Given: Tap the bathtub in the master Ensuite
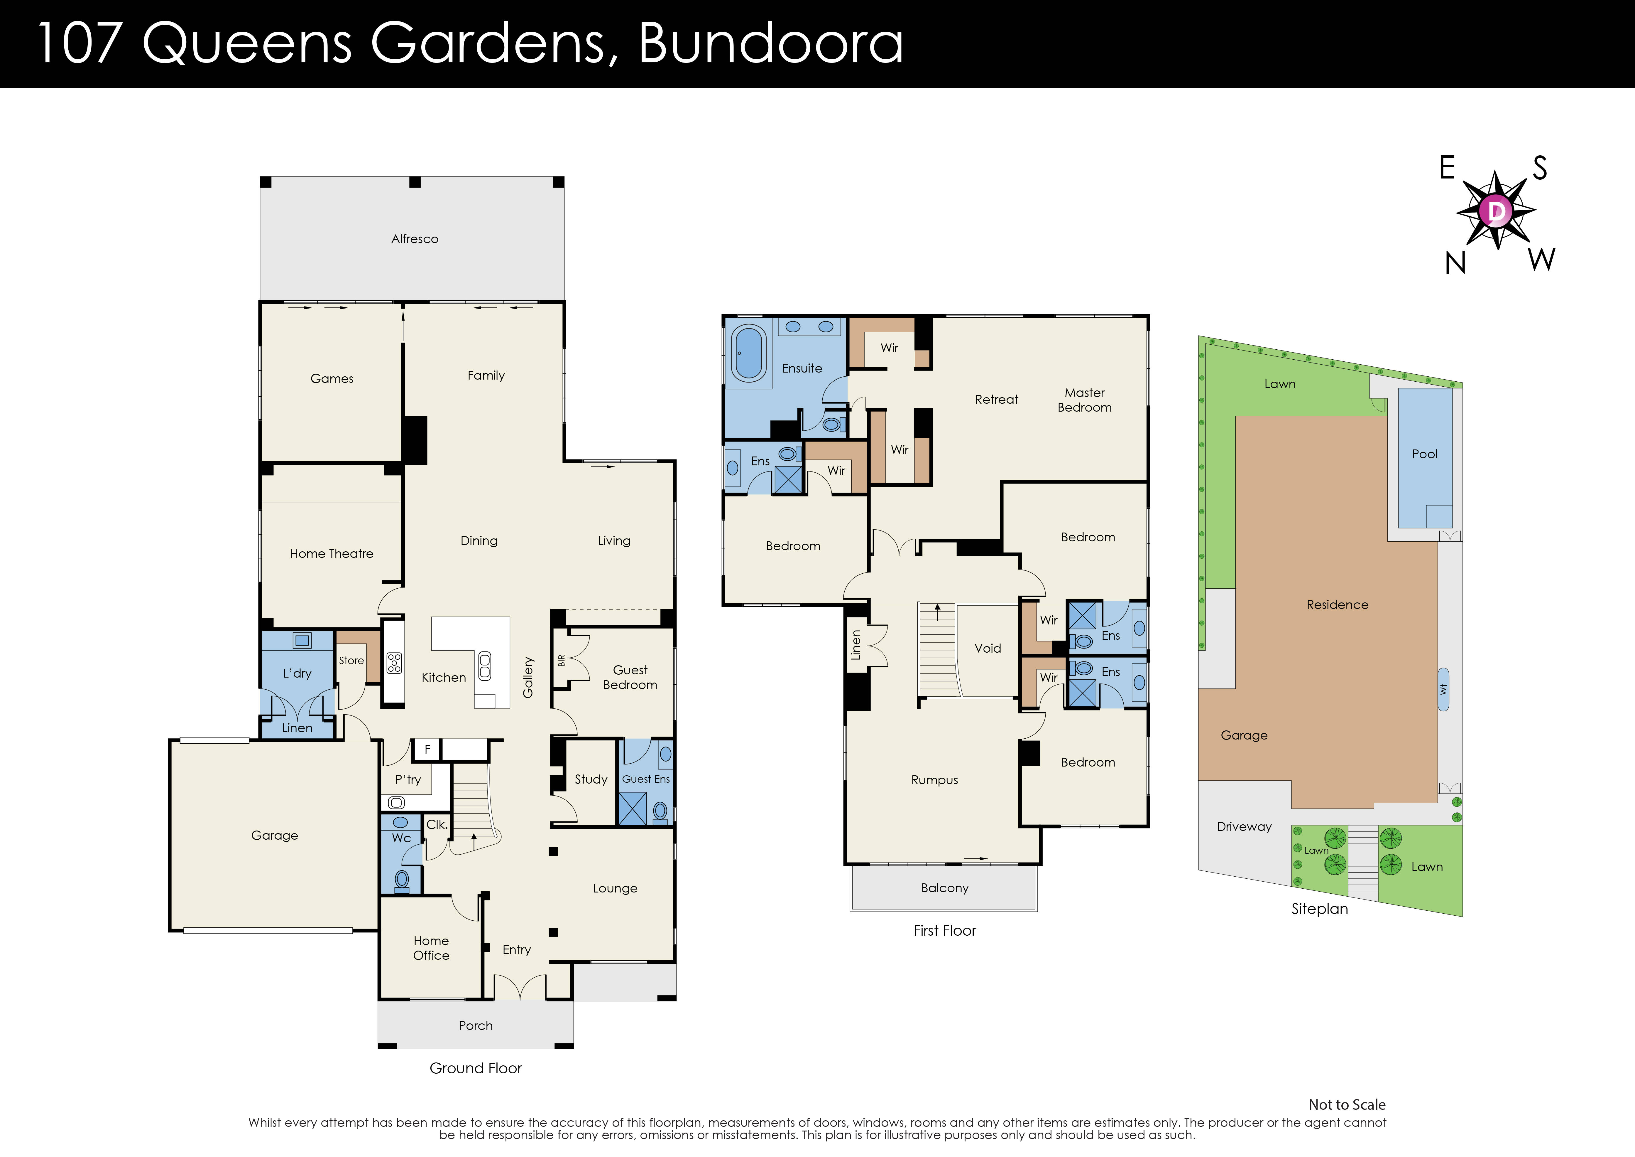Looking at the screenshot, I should (x=748, y=353).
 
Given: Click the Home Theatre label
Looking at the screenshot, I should (x=331, y=554).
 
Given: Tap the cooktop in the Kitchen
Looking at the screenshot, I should (x=394, y=663).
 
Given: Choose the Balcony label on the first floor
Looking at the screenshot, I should (x=944, y=888).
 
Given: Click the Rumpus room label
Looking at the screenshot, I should (x=934, y=780).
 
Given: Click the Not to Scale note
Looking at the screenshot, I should (x=1347, y=1104).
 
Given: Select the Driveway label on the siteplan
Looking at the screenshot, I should (x=1243, y=826).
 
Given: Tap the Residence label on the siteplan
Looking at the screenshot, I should (x=1337, y=605).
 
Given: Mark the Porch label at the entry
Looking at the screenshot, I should (x=476, y=1025).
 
